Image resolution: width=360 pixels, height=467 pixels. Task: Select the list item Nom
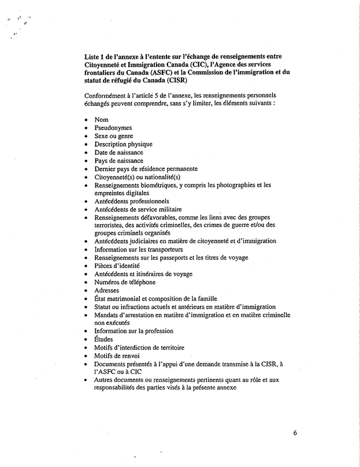pyautogui.click(x=102, y=120)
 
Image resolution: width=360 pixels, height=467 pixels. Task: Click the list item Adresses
pyautogui.click(x=107, y=290)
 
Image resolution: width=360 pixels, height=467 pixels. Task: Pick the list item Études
pyautogui.click(x=105, y=339)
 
